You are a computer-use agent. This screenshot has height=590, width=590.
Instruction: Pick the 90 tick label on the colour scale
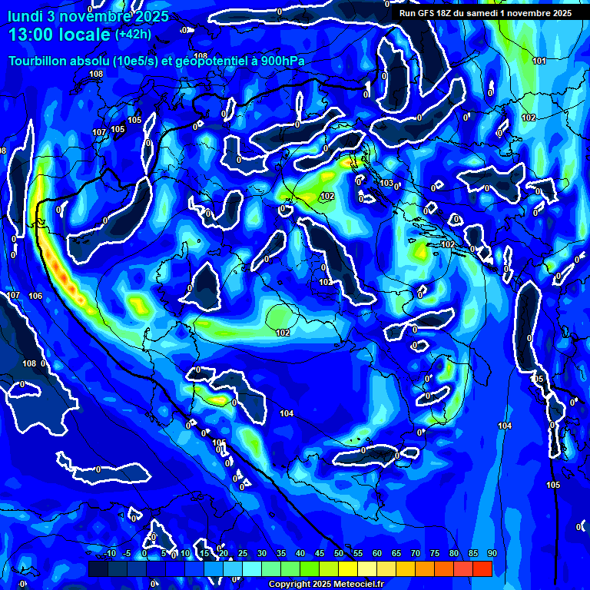pos(492,554)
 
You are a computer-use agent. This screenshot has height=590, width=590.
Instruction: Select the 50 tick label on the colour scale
pos(338,554)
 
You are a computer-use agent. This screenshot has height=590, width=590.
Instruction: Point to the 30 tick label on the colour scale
pos(261,554)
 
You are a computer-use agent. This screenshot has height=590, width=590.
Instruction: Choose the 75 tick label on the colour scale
pos(434,554)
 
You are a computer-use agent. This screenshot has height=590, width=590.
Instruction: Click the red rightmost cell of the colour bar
pos(482,568)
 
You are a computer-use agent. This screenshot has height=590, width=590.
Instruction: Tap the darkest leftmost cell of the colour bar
pos(98,568)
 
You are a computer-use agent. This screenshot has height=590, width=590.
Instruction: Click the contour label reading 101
pos(539,61)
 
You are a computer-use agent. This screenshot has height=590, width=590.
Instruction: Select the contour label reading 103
pos(386,183)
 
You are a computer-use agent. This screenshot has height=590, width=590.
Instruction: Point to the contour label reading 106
pos(35,296)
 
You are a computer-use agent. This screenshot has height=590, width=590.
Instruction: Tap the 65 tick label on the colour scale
pos(396,554)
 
